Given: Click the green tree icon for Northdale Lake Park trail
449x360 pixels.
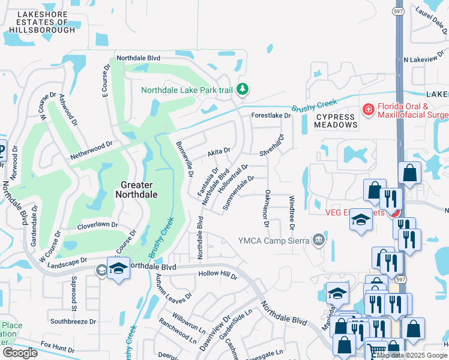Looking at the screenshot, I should pyautogui.click(x=243, y=90).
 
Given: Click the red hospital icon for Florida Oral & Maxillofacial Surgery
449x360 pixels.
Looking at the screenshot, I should pyautogui.click(x=367, y=110).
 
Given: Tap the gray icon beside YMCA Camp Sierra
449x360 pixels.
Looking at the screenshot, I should pyautogui.click(x=318, y=241).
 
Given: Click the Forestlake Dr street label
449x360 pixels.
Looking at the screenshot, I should pyautogui.click(x=270, y=115).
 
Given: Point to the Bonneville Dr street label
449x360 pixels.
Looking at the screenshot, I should pyautogui.click(x=184, y=159).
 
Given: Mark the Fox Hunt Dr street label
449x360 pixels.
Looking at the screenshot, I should pyautogui.click(x=58, y=347).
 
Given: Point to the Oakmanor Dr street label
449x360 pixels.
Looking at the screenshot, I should pyautogui.click(x=266, y=209).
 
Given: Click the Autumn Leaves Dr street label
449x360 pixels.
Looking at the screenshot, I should pyautogui.click(x=173, y=287).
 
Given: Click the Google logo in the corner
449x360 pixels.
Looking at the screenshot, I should pyautogui.click(x=20, y=353).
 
